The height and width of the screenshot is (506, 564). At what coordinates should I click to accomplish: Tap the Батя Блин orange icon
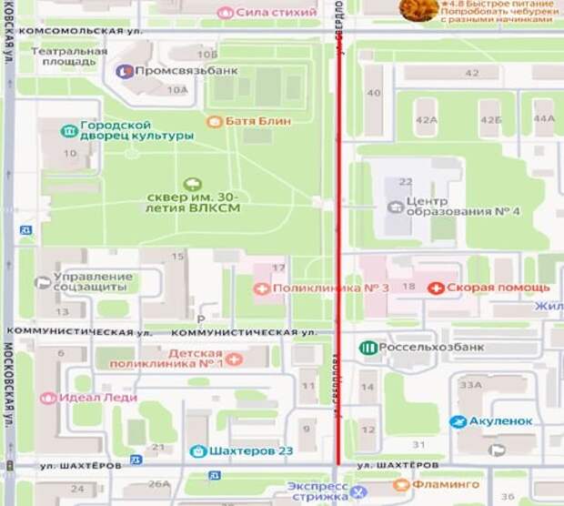215,121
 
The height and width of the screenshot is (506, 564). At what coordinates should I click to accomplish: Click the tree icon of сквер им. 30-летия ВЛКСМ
191,184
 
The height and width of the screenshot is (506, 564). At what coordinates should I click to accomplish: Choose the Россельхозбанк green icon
368,347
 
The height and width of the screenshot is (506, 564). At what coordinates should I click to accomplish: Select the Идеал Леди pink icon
48,398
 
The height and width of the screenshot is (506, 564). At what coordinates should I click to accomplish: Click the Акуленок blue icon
459,422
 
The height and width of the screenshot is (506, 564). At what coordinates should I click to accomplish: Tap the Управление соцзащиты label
93,282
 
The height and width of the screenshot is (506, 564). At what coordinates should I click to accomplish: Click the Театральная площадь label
69,57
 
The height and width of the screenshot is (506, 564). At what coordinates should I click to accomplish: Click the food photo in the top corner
419,10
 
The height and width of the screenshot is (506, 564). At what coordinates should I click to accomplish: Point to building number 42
471,73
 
